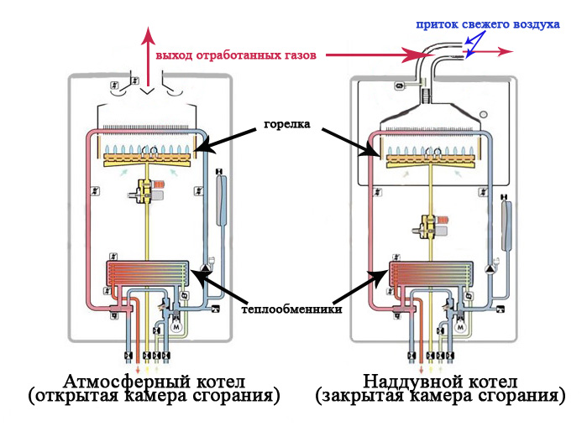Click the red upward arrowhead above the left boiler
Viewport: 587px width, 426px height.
(x=149, y=34)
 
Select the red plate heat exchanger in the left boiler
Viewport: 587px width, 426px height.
(x=149, y=273)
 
